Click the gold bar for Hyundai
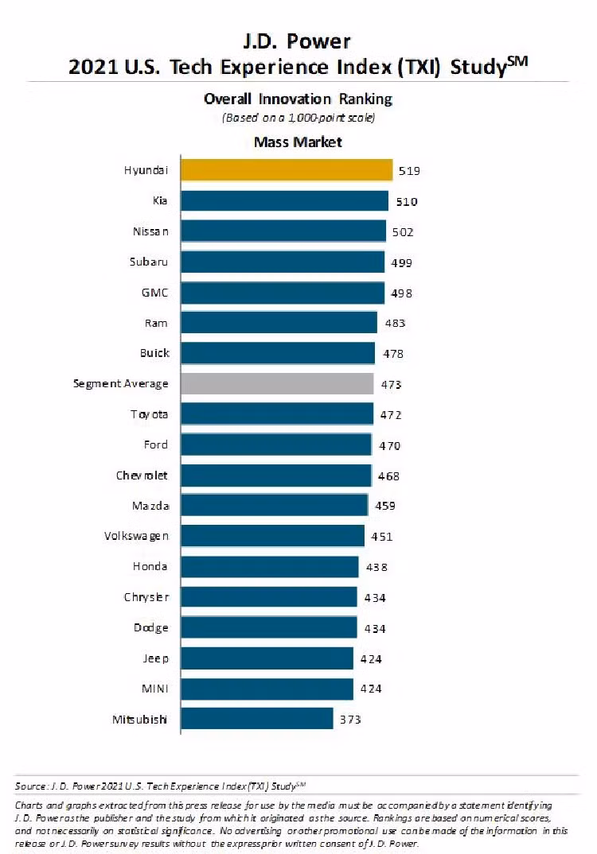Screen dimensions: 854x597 [x=286, y=170]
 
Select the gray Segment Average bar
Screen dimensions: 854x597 [x=276, y=383]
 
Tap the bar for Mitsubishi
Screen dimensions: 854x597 [x=256, y=719]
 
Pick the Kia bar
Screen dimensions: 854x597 [x=284, y=200]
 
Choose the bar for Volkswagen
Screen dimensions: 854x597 [x=272, y=536]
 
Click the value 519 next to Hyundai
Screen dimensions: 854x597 [x=410, y=171]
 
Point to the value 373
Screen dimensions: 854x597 [x=350, y=720]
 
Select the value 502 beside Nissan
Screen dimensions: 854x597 [x=403, y=232]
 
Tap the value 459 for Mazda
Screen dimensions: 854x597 [x=384, y=506]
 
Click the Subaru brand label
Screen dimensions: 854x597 [x=150, y=262]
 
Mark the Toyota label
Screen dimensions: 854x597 [x=150, y=414]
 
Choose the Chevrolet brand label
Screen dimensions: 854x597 [x=142, y=476]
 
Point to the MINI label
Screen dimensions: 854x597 [x=155, y=689]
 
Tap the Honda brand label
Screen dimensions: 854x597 [x=150, y=566]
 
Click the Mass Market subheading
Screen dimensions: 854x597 [x=298, y=142]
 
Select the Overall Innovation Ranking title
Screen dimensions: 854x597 [x=298, y=99]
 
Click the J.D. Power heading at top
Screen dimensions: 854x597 [x=298, y=41]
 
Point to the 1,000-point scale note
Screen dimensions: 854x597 [x=298, y=118]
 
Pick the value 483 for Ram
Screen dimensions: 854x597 [x=395, y=323]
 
